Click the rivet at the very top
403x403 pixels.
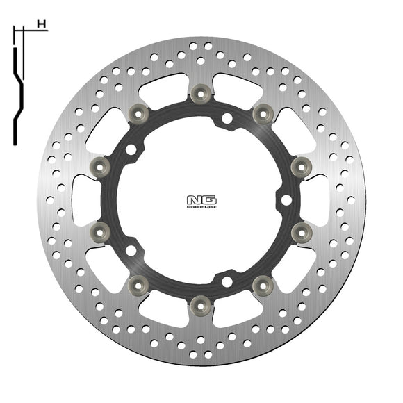coord(201,91)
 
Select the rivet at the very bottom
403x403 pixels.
coord(201,303)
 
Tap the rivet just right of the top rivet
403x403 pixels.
coord(263,111)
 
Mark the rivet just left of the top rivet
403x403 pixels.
coord(138,111)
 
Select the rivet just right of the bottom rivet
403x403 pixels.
coord(263,283)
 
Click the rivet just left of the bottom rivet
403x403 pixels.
coord(138,283)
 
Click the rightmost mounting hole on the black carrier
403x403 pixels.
coord(286,199)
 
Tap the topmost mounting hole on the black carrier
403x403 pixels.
coord(227,119)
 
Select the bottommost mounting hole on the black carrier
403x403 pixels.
coord(227,281)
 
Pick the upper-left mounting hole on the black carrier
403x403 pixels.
coord(131,149)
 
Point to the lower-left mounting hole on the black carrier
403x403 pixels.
coord(131,249)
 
